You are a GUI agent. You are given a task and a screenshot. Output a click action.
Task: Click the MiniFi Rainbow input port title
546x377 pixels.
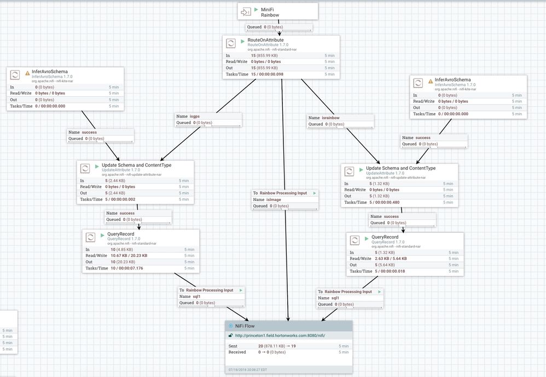pyautogui.click(x=268, y=12)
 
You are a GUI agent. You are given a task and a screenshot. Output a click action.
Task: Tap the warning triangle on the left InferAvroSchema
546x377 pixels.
pyautogui.click(x=27, y=73)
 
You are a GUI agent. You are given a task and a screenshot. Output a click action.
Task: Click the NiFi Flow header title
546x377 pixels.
pyautogui.click(x=245, y=326)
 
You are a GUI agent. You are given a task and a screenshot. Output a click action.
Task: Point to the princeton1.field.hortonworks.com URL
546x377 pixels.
pyautogui.click(x=280, y=335)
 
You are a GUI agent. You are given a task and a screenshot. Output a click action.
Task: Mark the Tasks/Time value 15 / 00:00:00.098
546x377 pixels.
pyautogui.click(x=270, y=74)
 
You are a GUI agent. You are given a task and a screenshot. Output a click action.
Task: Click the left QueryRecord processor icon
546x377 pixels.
pyautogui.click(x=91, y=237)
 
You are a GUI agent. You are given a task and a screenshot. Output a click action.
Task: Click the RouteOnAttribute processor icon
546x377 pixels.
pyautogui.click(x=231, y=43)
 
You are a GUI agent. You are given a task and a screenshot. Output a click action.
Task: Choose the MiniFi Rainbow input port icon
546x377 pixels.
pyautogui.click(x=246, y=12)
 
